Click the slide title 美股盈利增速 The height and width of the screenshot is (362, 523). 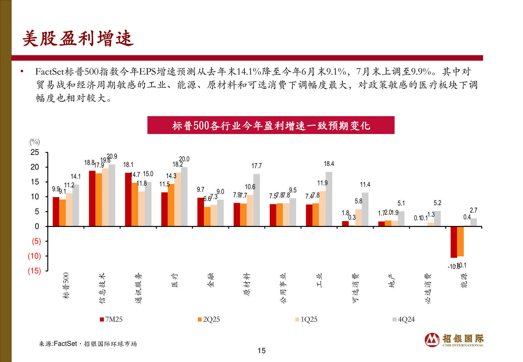tap(78, 39)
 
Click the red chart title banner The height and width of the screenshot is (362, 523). tap(271, 125)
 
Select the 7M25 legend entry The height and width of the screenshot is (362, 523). tap(111, 319)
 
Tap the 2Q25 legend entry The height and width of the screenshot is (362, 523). tap(209, 319)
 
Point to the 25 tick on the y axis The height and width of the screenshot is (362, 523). tap(35, 153)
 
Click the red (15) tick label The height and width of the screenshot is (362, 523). tap(34, 271)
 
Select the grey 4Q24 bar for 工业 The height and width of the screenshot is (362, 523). tap(329, 199)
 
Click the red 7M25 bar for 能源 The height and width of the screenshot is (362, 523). tap(454, 242)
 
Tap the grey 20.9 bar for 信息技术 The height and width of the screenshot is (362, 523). tap(112, 195)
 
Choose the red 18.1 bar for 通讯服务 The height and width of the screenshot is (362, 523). tap(128, 199)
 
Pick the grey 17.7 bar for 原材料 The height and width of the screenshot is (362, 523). tap(256, 200)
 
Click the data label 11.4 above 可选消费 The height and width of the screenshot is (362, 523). tap(365, 185)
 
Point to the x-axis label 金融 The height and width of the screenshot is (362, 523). tap(211, 280)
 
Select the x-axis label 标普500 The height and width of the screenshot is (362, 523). tap(66, 285)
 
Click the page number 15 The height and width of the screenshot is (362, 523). tap(261, 351)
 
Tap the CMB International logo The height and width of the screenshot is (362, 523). tap(454, 340)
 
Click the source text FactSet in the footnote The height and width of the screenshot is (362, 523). tap(65, 344)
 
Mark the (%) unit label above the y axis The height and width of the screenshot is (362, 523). tap(35, 142)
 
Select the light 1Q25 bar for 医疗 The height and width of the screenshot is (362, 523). tap(177, 199)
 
